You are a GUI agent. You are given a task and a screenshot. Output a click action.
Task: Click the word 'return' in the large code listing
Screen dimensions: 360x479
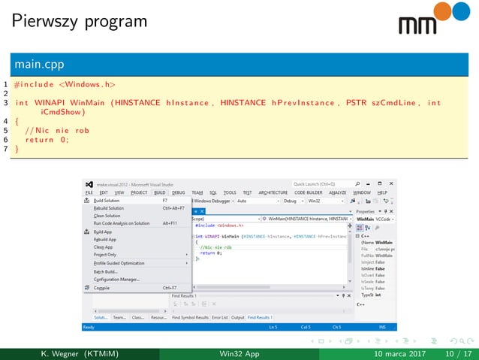[40, 139]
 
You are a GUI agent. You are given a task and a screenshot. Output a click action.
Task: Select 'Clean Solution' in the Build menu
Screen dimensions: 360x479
[107, 216]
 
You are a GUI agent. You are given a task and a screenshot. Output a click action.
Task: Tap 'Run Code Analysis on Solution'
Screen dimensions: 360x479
[121, 223]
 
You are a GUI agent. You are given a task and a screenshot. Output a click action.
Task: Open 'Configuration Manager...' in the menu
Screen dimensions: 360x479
[116, 279]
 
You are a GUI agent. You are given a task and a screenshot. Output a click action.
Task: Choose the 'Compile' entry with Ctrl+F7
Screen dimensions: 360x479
[101, 287]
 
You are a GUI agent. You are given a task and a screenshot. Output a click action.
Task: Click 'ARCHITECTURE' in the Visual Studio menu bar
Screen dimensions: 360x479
[273, 192]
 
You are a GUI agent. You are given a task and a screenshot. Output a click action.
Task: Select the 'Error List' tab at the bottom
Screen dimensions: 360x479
[219, 317]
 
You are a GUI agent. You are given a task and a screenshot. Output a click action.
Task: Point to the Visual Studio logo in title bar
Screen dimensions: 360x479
[89, 184]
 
